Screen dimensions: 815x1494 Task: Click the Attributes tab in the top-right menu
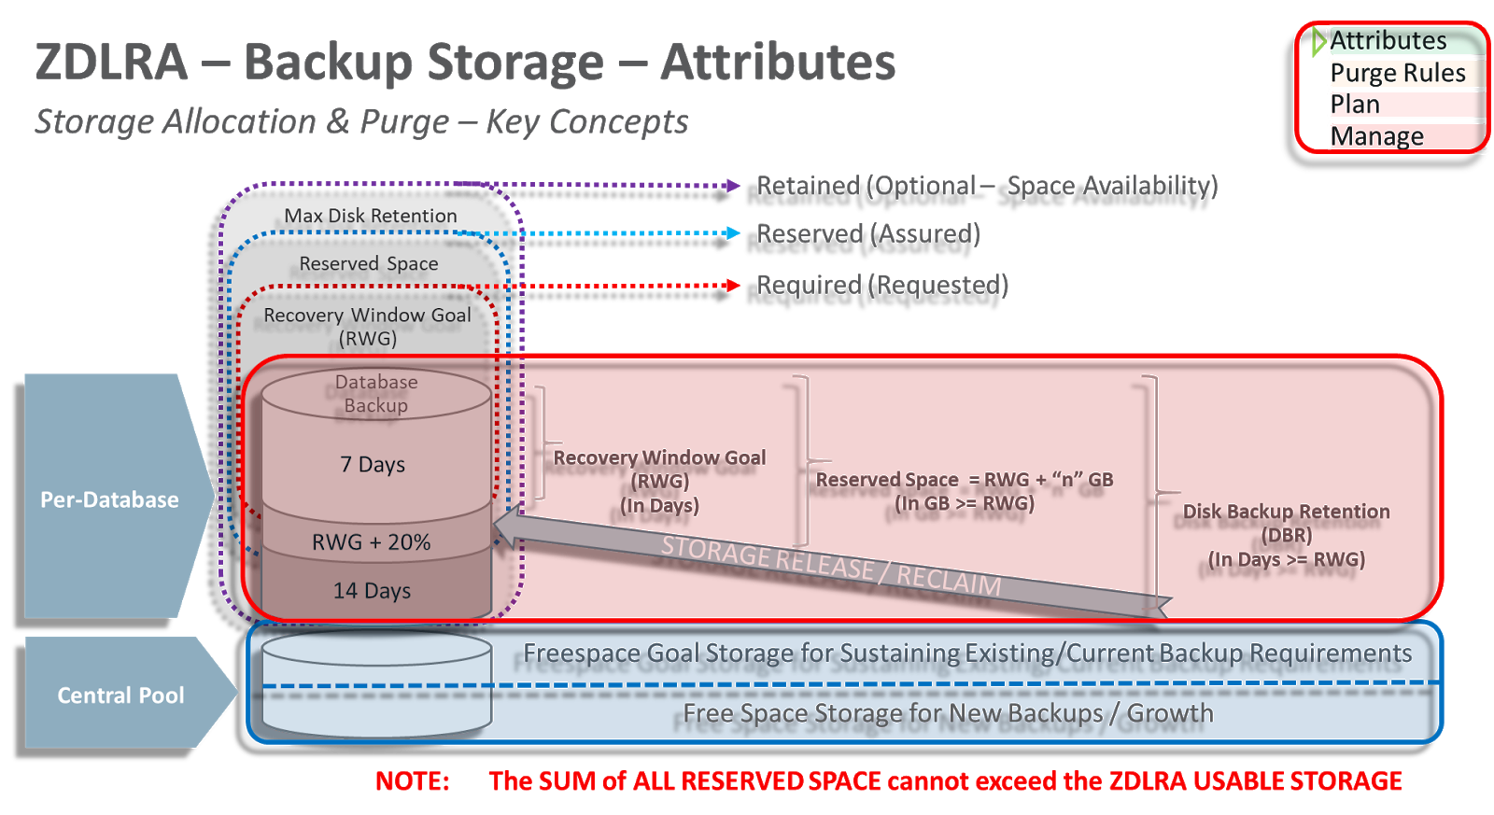coord(1388,41)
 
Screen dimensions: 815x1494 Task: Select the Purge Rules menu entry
coord(1398,73)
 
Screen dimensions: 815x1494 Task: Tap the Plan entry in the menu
coord(1356,105)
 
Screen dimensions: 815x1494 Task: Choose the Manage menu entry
coord(1378,136)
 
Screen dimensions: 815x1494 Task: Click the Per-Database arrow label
coord(109,499)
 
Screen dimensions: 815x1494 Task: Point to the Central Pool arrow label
coord(120,696)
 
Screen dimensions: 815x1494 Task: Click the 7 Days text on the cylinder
coord(373,464)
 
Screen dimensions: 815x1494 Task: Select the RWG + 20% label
coord(372,542)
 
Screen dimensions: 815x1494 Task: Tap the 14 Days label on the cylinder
coord(373,591)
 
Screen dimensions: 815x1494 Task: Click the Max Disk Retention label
coord(371,216)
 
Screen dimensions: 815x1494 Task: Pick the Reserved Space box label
coord(369,264)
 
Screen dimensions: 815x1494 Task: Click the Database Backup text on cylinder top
coord(376,393)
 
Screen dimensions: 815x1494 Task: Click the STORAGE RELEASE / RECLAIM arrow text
coord(830,566)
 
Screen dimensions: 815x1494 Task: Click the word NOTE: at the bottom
coord(412,781)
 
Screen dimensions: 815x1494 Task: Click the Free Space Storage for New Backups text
coord(948,714)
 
